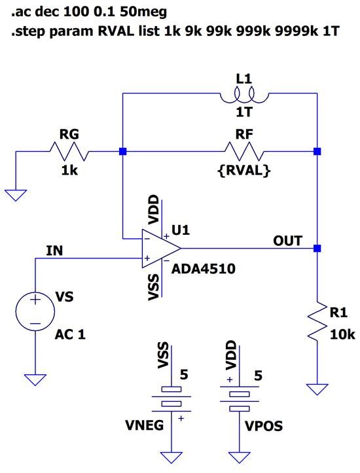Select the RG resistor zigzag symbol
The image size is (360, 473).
click(x=69, y=152)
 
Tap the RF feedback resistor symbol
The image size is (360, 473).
click(x=243, y=152)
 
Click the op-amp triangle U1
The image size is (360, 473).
click(x=160, y=249)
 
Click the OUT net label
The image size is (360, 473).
click(x=287, y=241)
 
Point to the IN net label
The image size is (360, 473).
click(x=55, y=251)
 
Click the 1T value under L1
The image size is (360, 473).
click(x=243, y=112)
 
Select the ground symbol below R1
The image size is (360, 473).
click(x=317, y=389)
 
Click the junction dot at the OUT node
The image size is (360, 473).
click(x=317, y=249)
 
